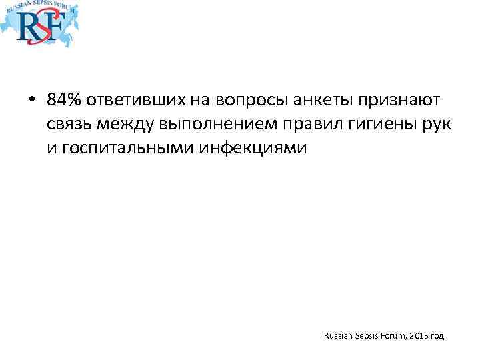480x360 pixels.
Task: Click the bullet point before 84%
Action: [31, 101]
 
